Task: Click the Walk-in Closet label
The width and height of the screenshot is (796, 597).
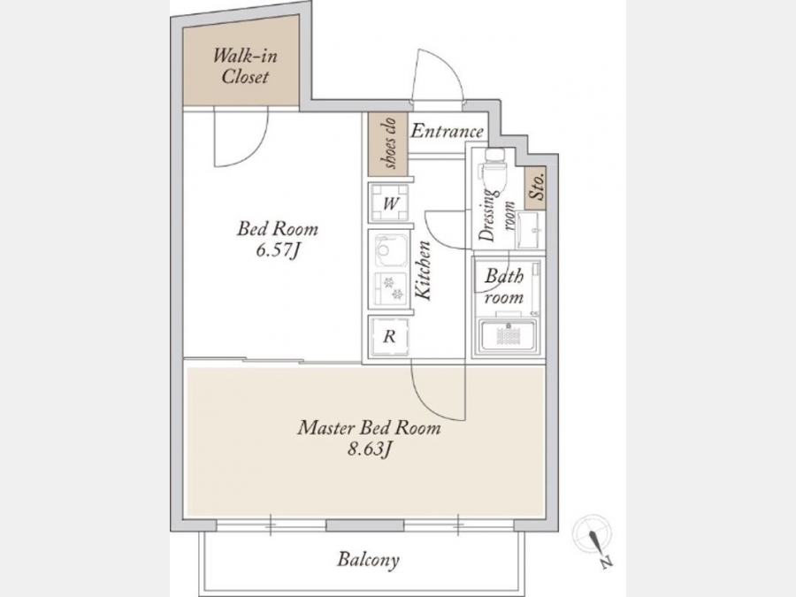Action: point(245,65)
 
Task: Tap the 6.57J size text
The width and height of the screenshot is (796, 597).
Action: point(277,249)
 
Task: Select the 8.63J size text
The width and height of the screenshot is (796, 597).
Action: point(369,448)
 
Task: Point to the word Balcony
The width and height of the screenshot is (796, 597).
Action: point(369,560)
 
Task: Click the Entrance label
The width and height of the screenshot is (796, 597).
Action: point(447,131)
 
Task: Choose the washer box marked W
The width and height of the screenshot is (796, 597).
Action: point(389,203)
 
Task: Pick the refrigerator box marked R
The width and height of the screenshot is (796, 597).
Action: point(389,335)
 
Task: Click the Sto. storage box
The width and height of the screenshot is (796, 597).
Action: point(535,188)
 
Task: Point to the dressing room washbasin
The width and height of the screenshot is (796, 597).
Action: point(531,231)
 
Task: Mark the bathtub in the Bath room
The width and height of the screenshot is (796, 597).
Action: point(509,335)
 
